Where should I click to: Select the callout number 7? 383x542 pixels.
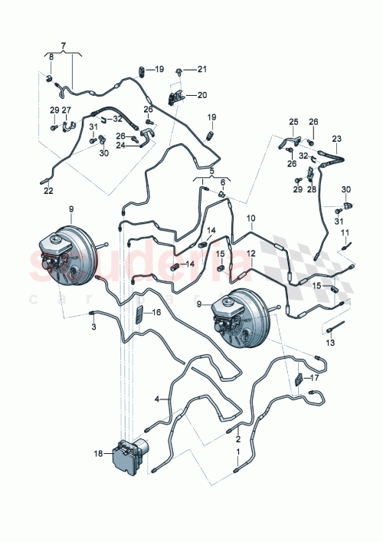point(63,47)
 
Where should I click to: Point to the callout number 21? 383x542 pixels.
point(202,70)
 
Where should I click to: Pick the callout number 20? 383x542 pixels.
point(202,96)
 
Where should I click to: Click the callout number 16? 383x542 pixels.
point(156,313)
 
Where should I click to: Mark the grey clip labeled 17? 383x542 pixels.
point(300,380)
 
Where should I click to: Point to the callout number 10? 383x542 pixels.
point(250,219)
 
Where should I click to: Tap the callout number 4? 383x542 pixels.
point(157,399)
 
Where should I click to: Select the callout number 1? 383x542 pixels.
point(237,452)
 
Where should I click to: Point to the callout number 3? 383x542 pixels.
point(93,327)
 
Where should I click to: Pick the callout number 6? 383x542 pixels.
point(223,182)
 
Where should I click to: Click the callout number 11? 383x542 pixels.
point(345,232)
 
